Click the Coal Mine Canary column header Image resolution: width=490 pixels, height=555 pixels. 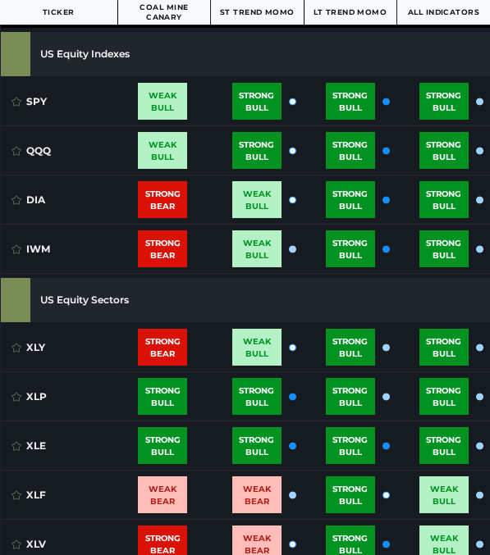pos(163,12)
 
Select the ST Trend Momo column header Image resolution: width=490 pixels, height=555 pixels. pos(256,12)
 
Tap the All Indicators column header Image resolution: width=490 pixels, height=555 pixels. pos(443,12)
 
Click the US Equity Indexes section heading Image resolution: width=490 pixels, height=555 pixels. pos(85,54)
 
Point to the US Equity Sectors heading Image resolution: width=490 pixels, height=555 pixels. pos(85,300)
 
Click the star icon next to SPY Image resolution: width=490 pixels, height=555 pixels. pos(16,102)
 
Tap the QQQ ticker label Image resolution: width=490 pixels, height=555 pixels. pos(39,151)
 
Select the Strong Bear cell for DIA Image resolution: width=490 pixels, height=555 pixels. pos(163,200)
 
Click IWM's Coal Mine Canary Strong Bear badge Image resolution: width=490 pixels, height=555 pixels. pos(163,249)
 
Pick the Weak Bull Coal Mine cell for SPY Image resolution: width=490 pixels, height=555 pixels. pos(163,102)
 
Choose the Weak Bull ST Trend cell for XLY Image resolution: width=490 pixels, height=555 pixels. pos(257,348)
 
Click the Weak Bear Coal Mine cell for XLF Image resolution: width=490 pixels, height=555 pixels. pos(163,495)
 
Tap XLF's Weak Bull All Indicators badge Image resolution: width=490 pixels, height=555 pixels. pos(444,495)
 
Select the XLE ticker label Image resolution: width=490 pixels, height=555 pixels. pos(36,446)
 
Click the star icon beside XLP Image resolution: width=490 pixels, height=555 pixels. pos(16,397)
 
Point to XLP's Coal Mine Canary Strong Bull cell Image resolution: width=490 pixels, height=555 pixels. pos(163,397)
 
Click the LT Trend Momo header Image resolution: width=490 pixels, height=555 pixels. pos(350,12)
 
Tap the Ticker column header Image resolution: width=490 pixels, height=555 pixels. pos(58,12)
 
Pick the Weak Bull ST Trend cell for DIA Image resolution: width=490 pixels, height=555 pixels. pos(257,200)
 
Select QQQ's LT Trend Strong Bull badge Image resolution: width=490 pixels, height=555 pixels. pos(350,151)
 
